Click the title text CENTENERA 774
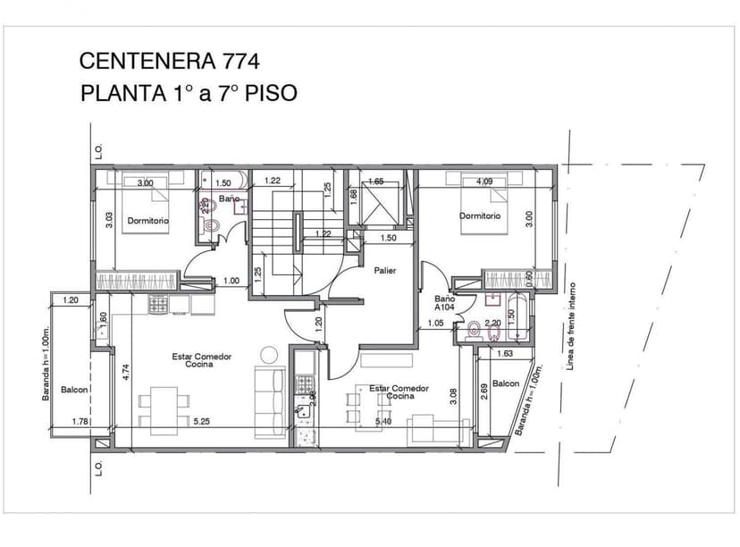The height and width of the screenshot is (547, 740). tap(170, 61)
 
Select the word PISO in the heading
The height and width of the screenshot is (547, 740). tap(268, 93)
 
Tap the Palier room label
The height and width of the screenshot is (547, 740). tap(385, 270)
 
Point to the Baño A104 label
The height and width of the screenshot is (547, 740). tap(445, 303)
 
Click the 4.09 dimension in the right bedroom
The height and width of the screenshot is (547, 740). tap(485, 182)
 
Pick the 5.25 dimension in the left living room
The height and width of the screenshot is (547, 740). tap(203, 421)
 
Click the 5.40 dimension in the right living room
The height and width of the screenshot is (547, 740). tap(383, 421)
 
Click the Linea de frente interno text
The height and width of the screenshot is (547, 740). tap(573, 326)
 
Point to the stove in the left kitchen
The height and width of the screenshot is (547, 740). tap(157, 304)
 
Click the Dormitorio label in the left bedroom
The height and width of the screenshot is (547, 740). tap(147, 220)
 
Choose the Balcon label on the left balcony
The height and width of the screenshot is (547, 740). tap(74, 391)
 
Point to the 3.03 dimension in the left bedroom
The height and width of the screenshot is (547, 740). tap(109, 220)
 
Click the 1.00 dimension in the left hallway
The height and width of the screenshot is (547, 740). tap(231, 281)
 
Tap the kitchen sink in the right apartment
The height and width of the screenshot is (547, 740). tap(304, 412)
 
